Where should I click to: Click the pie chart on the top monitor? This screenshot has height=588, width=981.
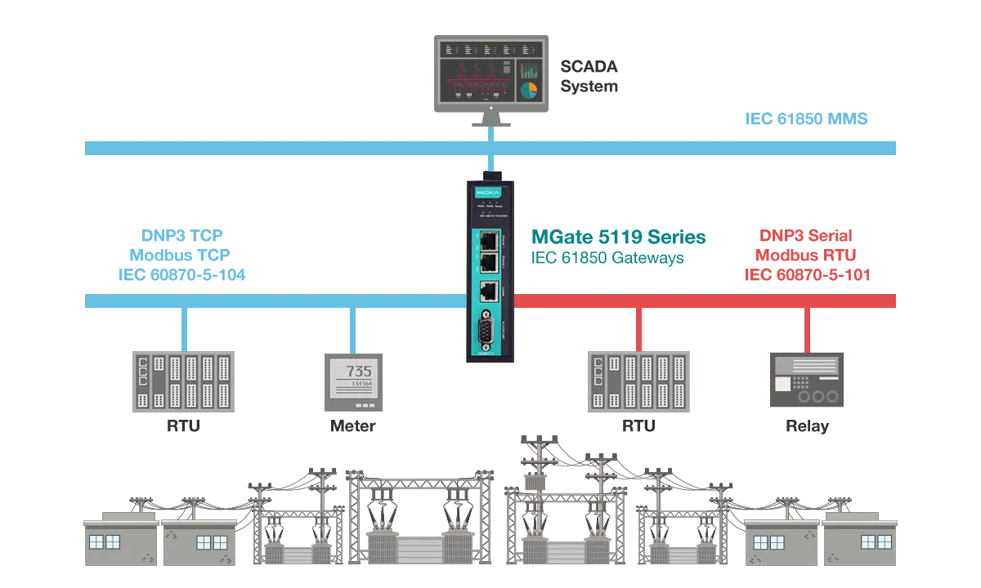tap(529, 87)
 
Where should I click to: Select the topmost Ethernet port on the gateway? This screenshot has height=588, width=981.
tap(488, 240)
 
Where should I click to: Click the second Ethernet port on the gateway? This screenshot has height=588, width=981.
tap(488, 262)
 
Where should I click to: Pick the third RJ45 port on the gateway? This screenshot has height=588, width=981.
tap(488, 291)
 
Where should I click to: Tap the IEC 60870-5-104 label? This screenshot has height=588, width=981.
tap(177, 274)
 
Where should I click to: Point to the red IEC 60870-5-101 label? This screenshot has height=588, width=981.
tap(808, 274)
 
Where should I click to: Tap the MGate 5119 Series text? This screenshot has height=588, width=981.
tap(617, 238)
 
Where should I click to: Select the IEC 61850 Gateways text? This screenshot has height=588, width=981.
tap(609, 259)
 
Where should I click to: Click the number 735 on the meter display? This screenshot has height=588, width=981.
tap(359, 370)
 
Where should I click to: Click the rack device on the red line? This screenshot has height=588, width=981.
tap(636, 382)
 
